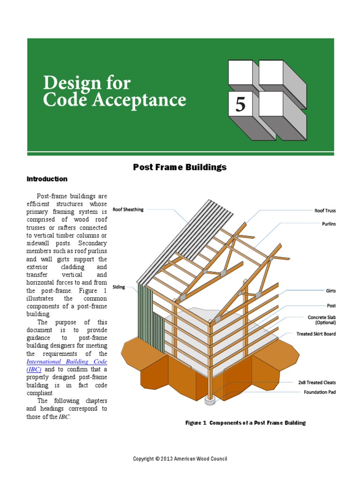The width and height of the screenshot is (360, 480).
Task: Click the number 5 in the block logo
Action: click(240, 104)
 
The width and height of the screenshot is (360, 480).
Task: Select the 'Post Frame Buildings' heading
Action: click(180, 167)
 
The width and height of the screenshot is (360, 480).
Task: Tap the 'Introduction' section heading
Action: click(47, 179)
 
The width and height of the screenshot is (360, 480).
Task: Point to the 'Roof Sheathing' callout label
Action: click(128, 210)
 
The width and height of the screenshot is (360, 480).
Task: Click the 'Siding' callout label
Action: click(119, 287)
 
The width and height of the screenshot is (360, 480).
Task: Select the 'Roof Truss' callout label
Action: click(325, 210)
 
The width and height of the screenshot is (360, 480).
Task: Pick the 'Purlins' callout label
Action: click(329, 224)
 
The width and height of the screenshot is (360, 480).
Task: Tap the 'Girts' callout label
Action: click(330, 291)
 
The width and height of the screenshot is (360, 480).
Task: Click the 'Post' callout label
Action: click(331, 306)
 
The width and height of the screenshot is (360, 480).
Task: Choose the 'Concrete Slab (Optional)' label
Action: click(322, 320)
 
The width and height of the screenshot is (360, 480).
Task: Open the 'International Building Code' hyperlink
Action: click(67, 362)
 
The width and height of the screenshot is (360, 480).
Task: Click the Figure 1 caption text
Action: click(245, 423)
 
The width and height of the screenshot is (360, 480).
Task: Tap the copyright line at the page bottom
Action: click(180, 459)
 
